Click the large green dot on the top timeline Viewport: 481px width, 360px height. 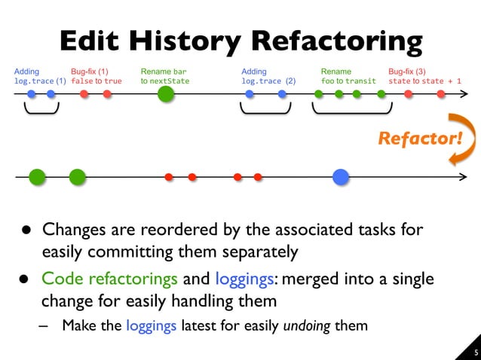166,94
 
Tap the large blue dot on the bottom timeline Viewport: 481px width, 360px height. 341,177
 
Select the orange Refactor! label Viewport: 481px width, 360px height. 418,139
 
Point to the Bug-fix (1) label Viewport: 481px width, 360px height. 90,72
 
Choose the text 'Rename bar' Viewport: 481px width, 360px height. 163,72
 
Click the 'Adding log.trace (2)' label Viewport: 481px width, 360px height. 268,76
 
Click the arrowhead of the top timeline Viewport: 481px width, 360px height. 463,94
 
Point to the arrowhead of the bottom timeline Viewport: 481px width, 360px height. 462,178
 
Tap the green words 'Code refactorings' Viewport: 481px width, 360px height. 109,279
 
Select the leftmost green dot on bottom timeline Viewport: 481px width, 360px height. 37,177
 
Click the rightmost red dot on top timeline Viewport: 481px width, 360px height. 441,94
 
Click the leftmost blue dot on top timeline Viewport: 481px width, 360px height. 32,94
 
